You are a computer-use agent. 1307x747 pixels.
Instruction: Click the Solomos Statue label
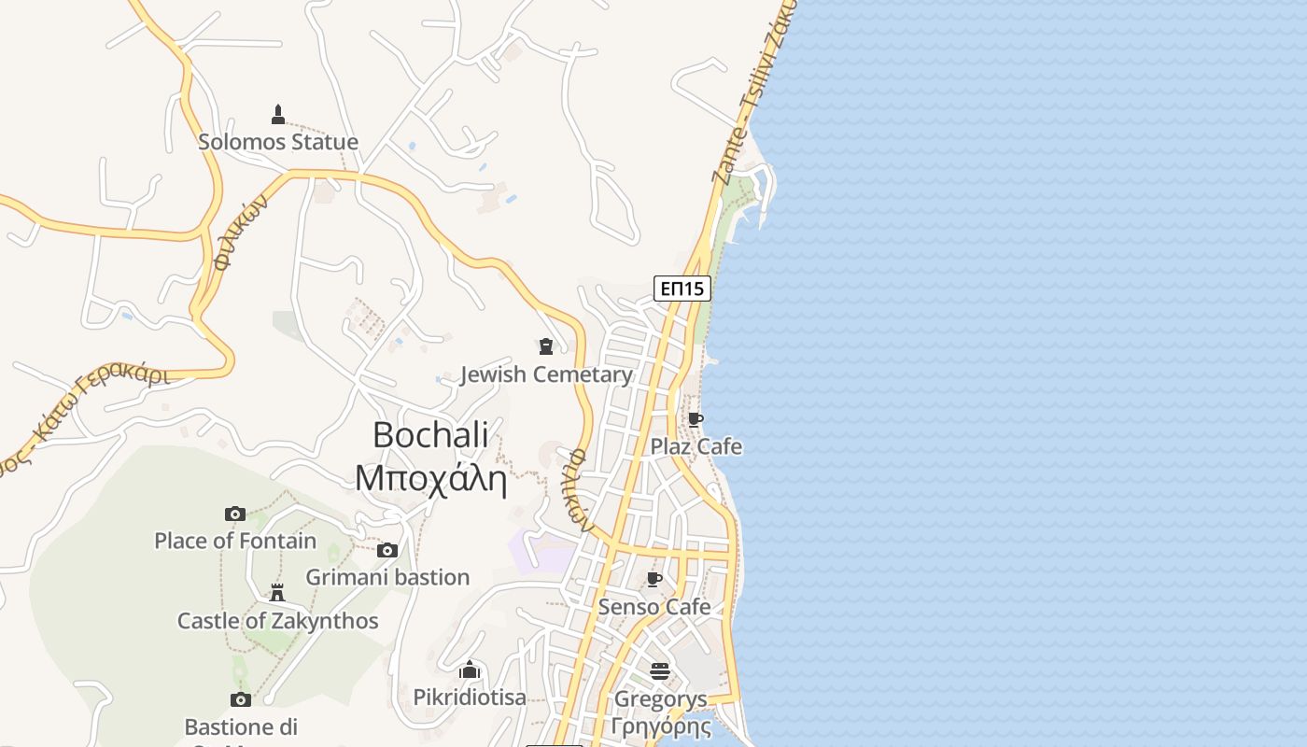click(x=278, y=142)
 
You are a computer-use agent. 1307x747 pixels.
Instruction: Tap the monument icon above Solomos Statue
click(x=277, y=115)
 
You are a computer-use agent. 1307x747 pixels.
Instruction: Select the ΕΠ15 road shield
click(x=682, y=289)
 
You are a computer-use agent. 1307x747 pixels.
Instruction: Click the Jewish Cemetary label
click(x=546, y=374)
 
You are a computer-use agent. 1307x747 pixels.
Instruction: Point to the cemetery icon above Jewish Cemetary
click(x=546, y=347)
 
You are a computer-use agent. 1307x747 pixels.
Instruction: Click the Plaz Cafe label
click(x=696, y=446)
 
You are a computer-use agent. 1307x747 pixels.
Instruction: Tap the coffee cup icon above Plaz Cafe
click(x=696, y=419)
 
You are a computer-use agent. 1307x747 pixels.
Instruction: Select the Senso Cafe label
click(x=654, y=607)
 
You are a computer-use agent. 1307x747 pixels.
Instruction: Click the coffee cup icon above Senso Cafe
click(x=654, y=580)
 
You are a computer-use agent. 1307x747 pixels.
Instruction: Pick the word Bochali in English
click(x=430, y=434)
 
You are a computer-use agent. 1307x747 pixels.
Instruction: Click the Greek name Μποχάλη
click(x=430, y=478)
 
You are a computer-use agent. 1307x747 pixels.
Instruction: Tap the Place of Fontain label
click(x=235, y=541)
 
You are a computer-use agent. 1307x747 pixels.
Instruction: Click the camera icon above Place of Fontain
click(x=235, y=514)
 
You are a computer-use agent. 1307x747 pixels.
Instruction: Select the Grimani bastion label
click(x=387, y=577)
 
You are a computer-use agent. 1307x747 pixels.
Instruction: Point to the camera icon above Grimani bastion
click(x=387, y=550)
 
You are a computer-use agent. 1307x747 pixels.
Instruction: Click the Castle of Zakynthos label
click(x=278, y=621)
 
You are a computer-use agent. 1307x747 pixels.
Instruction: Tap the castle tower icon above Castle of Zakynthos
click(x=277, y=593)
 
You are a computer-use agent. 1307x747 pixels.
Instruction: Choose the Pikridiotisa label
click(x=470, y=698)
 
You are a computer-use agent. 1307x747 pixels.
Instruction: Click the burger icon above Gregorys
click(x=660, y=671)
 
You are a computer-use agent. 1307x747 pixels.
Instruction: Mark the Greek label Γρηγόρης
click(x=660, y=726)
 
